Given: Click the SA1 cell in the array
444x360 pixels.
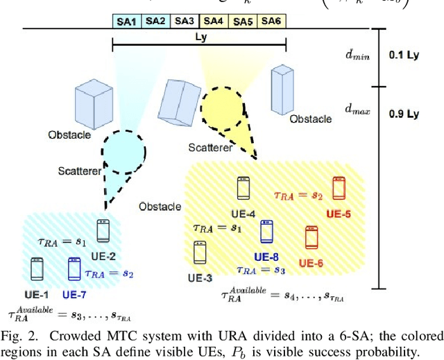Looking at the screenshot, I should point(126,21).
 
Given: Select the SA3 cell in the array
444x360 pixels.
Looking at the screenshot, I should point(185,21).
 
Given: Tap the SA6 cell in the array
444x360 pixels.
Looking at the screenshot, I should point(271,21).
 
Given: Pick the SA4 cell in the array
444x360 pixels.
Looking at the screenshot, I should point(214,21).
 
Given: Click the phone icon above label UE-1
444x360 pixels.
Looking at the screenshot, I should point(37,268).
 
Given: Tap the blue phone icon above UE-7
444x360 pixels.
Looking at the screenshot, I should point(74,268).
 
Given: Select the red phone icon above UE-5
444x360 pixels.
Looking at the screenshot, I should point(339,188).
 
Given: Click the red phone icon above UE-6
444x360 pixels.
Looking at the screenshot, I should point(311,237).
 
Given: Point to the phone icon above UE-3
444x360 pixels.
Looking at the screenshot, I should point(200,252).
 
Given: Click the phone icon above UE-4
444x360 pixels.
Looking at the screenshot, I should point(243,188).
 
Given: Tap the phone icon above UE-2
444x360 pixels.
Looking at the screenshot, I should point(103,230).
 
